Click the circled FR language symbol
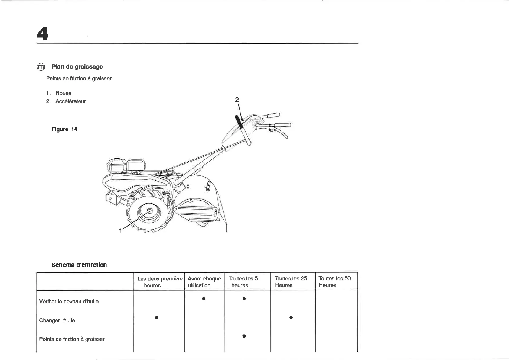pos(41,67)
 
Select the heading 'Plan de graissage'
pos(77,67)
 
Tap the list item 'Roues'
pos(63,93)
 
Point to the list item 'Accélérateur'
pos(70,101)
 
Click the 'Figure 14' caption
pos(64,129)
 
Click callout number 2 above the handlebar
pos(237,100)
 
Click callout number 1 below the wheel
pos(121,231)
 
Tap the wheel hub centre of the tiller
pos(149,211)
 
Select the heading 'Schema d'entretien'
pos(79,265)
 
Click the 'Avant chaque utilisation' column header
pos(204,282)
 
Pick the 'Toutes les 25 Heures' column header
pos(291,282)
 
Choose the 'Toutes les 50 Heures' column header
pos(334,282)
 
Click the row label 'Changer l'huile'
pos(57,320)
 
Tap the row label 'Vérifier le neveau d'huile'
pos(69,301)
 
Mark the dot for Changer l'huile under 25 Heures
pos(291,317)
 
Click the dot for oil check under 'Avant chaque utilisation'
pos(204,299)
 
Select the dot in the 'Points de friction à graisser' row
pos(244,336)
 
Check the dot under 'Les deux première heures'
pos(157,318)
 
